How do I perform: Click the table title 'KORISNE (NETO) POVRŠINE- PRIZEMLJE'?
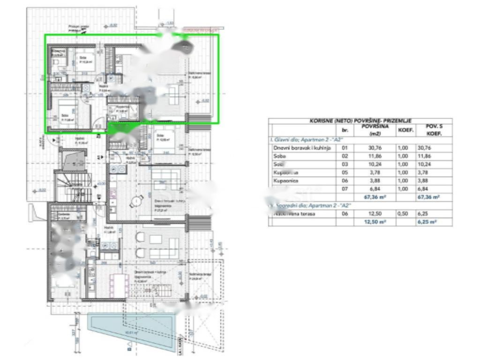pos(360,120)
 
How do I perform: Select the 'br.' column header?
pos(345,129)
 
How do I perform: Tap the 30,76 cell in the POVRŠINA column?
pos(367,147)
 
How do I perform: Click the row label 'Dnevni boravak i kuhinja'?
pos(302,147)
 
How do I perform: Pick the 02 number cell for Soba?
pos(345,156)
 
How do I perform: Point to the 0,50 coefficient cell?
pos(405,214)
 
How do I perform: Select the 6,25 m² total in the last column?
pos(428,222)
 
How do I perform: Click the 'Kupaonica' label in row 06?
pos(287,181)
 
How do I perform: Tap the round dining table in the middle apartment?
pos(135,201)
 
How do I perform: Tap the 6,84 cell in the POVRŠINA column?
pos(367,189)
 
